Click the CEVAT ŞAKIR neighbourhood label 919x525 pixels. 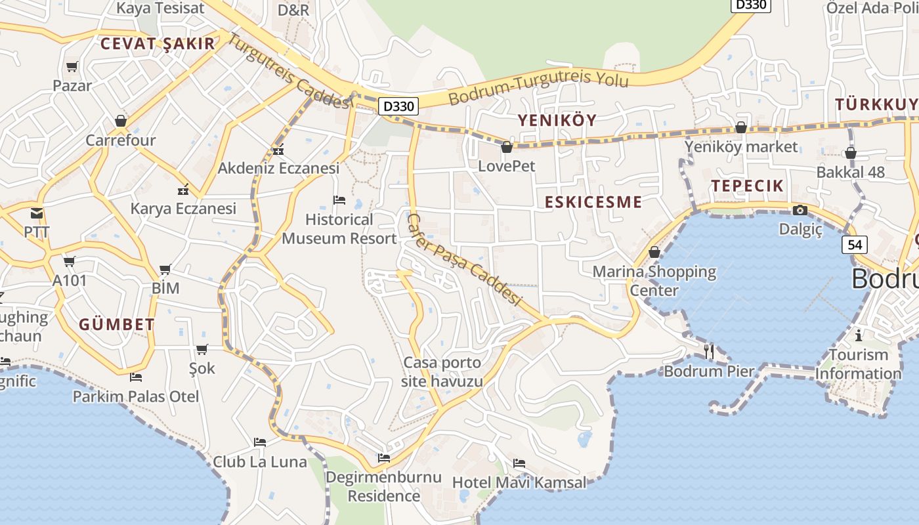pyautogui.click(x=158, y=44)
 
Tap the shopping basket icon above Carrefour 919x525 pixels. pyautogui.click(x=121, y=121)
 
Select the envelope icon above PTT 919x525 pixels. pyautogui.click(x=37, y=213)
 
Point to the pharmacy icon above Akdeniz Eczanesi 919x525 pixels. pyautogui.click(x=278, y=150)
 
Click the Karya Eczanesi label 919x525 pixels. pyautogui.click(x=183, y=209)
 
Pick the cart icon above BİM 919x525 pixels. pyautogui.click(x=165, y=269)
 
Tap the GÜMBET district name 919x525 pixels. pyautogui.click(x=117, y=324)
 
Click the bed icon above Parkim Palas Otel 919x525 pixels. pyautogui.click(x=136, y=377)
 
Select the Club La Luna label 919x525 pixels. pyautogui.click(x=260, y=462)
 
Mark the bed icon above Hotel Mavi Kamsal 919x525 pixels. pyautogui.click(x=519, y=463)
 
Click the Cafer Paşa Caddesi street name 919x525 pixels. pyautogui.click(x=465, y=260)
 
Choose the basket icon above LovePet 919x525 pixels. pyautogui.click(x=507, y=147)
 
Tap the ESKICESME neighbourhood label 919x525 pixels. pyautogui.click(x=593, y=202)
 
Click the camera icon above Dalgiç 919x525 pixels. pyautogui.click(x=800, y=210)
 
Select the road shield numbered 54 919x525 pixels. pyautogui.click(x=855, y=245)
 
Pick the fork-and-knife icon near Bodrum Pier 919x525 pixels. pyautogui.click(x=709, y=351)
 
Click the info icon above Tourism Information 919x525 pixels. pyautogui.click(x=859, y=336)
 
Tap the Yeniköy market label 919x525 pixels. pyautogui.click(x=741, y=146)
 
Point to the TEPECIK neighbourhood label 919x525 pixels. pyautogui.click(x=748, y=186)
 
